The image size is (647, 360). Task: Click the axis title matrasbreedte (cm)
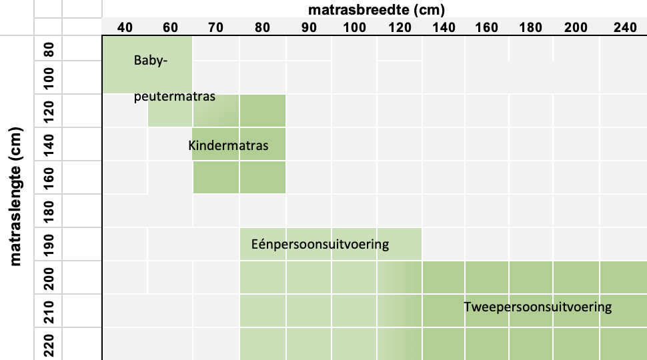(376, 9)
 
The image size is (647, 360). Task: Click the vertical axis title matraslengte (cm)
(15, 196)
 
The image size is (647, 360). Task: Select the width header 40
(125, 27)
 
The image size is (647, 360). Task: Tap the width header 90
(309, 27)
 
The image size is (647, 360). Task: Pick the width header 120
(400, 27)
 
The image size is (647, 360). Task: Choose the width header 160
(486, 27)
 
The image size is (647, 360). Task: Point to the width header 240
(625, 27)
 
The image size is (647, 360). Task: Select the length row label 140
(49, 144)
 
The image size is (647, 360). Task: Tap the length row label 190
(49, 244)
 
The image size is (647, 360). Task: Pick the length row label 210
(49, 311)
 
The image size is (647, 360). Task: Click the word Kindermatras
(228, 145)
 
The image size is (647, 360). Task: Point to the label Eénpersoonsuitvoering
(319, 244)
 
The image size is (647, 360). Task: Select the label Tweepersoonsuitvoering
(538, 307)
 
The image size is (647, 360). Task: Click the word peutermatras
(175, 97)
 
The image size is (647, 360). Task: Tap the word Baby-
(151, 61)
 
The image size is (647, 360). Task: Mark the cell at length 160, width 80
(263, 177)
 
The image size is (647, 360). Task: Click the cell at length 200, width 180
(531, 277)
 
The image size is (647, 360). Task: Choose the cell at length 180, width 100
(354, 211)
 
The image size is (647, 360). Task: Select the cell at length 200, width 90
(309, 277)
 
